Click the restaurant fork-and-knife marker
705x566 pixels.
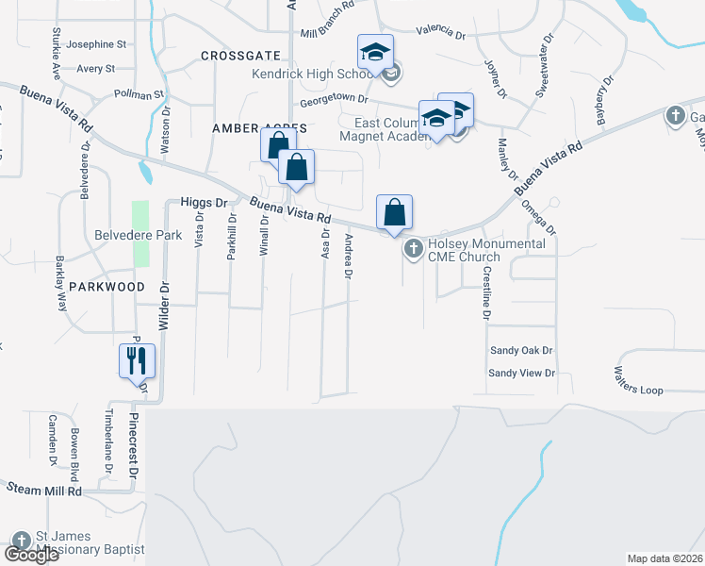pos(136,359)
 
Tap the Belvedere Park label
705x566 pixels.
pos(137,236)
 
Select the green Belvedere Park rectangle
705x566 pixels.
pos(140,234)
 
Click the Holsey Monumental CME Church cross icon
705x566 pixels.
pos(413,249)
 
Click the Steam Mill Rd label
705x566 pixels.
pos(43,491)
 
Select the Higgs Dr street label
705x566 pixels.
pos(205,202)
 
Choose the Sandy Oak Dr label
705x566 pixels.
pos(520,350)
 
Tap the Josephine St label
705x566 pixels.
pos(96,44)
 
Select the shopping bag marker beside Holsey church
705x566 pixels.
pos(394,212)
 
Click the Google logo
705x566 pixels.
pos(31,555)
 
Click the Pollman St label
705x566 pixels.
pos(139,94)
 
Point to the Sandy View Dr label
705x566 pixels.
pos(521,373)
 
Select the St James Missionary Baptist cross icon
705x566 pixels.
pos(21,541)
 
